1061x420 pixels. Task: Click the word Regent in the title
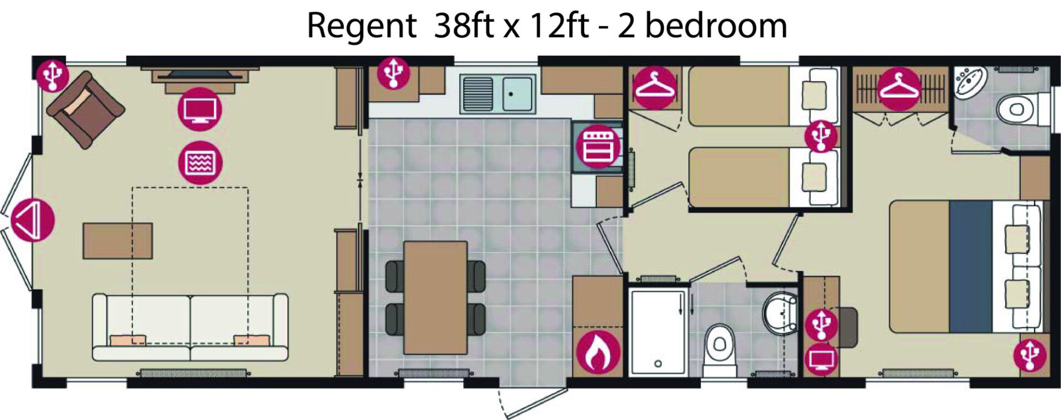[361, 26]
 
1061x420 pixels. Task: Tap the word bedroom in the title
[716, 25]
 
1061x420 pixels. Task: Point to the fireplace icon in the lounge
[200, 163]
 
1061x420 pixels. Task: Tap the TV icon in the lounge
[199, 109]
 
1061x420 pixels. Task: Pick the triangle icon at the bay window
[33, 220]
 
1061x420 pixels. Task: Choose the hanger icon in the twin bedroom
[654, 87]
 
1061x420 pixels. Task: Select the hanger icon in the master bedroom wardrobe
[899, 88]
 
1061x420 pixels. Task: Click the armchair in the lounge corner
[86, 109]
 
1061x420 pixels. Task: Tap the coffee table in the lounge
[118, 240]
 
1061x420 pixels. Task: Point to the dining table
[435, 297]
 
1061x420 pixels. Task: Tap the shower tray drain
[658, 364]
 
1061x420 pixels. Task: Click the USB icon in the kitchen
[393, 72]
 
